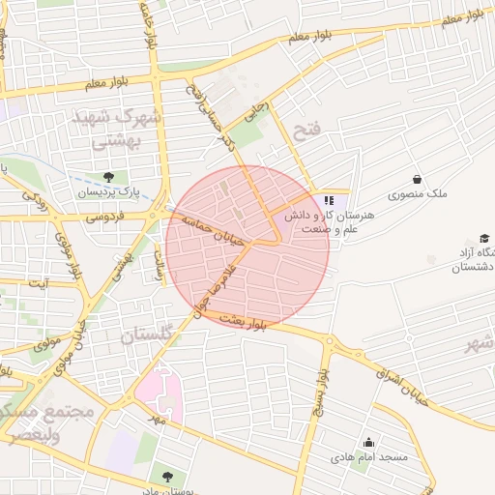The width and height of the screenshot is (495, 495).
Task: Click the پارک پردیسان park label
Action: pos(109,193)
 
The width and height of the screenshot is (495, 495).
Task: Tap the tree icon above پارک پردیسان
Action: pos(109,177)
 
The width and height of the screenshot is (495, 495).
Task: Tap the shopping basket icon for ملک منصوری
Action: pos(417,179)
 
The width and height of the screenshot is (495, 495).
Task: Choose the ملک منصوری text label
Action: pos(418,194)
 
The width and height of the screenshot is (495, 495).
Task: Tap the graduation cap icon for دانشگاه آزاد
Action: pos(483,238)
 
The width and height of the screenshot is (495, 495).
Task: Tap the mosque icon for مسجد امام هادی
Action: pos(367,441)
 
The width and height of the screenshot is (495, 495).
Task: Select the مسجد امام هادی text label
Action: pos(369,456)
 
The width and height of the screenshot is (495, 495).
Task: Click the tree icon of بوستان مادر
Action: pos(168,476)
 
